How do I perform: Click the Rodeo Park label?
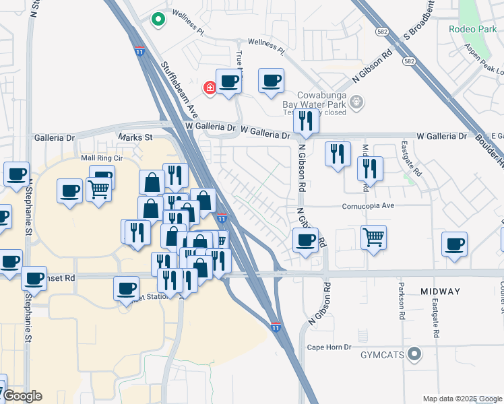click(x=473, y=29)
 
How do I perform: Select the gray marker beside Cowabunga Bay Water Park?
click(x=357, y=102)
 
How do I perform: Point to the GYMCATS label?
click(x=383, y=354)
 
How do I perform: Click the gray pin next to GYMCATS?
click(x=415, y=353)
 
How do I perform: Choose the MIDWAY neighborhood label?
click(x=440, y=292)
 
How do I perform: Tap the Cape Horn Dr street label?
click(x=329, y=347)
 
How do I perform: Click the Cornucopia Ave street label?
click(x=367, y=206)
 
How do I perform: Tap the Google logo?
click(x=23, y=397)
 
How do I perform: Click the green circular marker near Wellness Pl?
click(x=158, y=20)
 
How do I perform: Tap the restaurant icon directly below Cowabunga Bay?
click(x=306, y=120)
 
